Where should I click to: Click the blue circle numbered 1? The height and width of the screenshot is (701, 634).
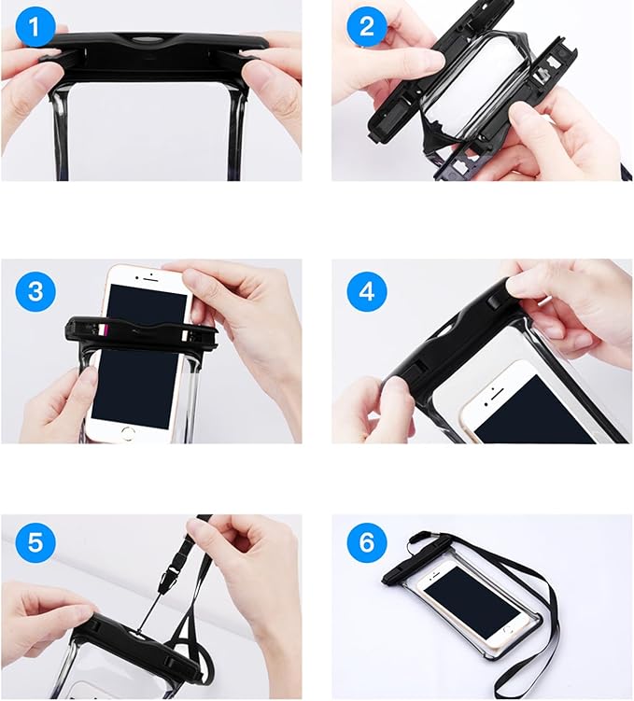[x=35, y=26]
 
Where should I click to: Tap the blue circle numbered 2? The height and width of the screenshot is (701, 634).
[x=366, y=26]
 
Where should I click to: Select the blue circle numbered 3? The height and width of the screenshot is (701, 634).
[x=35, y=291]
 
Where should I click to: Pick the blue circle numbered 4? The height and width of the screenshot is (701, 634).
[x=366, y=291]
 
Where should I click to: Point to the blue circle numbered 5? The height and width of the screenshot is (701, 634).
[x=35, y=541]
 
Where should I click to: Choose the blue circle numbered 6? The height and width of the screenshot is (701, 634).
[x=366, y=541]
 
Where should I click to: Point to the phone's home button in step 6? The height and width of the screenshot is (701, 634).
[x=508, y=629]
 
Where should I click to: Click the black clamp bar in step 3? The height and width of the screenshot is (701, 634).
[x=141, y=333]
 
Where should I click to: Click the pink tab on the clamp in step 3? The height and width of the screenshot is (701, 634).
[x=106, y=330]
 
